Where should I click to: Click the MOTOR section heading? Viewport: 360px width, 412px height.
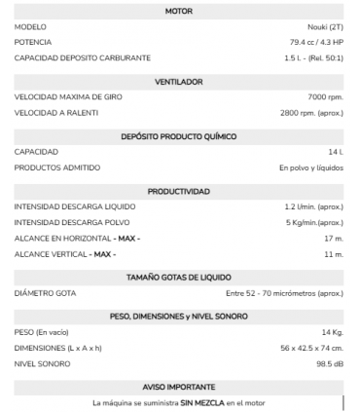(x=179, y=11)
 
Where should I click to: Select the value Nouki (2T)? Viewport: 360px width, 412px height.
(x=323, y=26)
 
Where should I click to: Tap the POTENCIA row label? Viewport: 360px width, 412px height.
(x=33, y=42)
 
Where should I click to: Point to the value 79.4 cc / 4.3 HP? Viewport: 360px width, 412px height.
(x=316, y=42)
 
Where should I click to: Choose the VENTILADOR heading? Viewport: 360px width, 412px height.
(x=179, y=82)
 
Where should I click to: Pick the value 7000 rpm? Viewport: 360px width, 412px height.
(x=325, y=97)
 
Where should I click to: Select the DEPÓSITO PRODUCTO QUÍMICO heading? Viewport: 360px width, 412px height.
(x=179, y=137)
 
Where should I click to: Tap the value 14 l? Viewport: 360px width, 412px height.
(x=335, y=152)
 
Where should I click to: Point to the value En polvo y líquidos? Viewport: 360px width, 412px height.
(x=310, y=168)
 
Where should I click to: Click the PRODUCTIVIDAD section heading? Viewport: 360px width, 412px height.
(x=179, y=192)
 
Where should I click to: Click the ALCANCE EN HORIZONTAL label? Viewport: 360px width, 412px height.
(x=77, y=239)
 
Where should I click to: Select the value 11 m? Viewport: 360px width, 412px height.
(x=333, y=254)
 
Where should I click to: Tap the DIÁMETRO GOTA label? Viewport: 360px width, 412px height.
(x=45, y=293)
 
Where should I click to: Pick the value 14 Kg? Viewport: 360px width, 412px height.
(x=332, y=333)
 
